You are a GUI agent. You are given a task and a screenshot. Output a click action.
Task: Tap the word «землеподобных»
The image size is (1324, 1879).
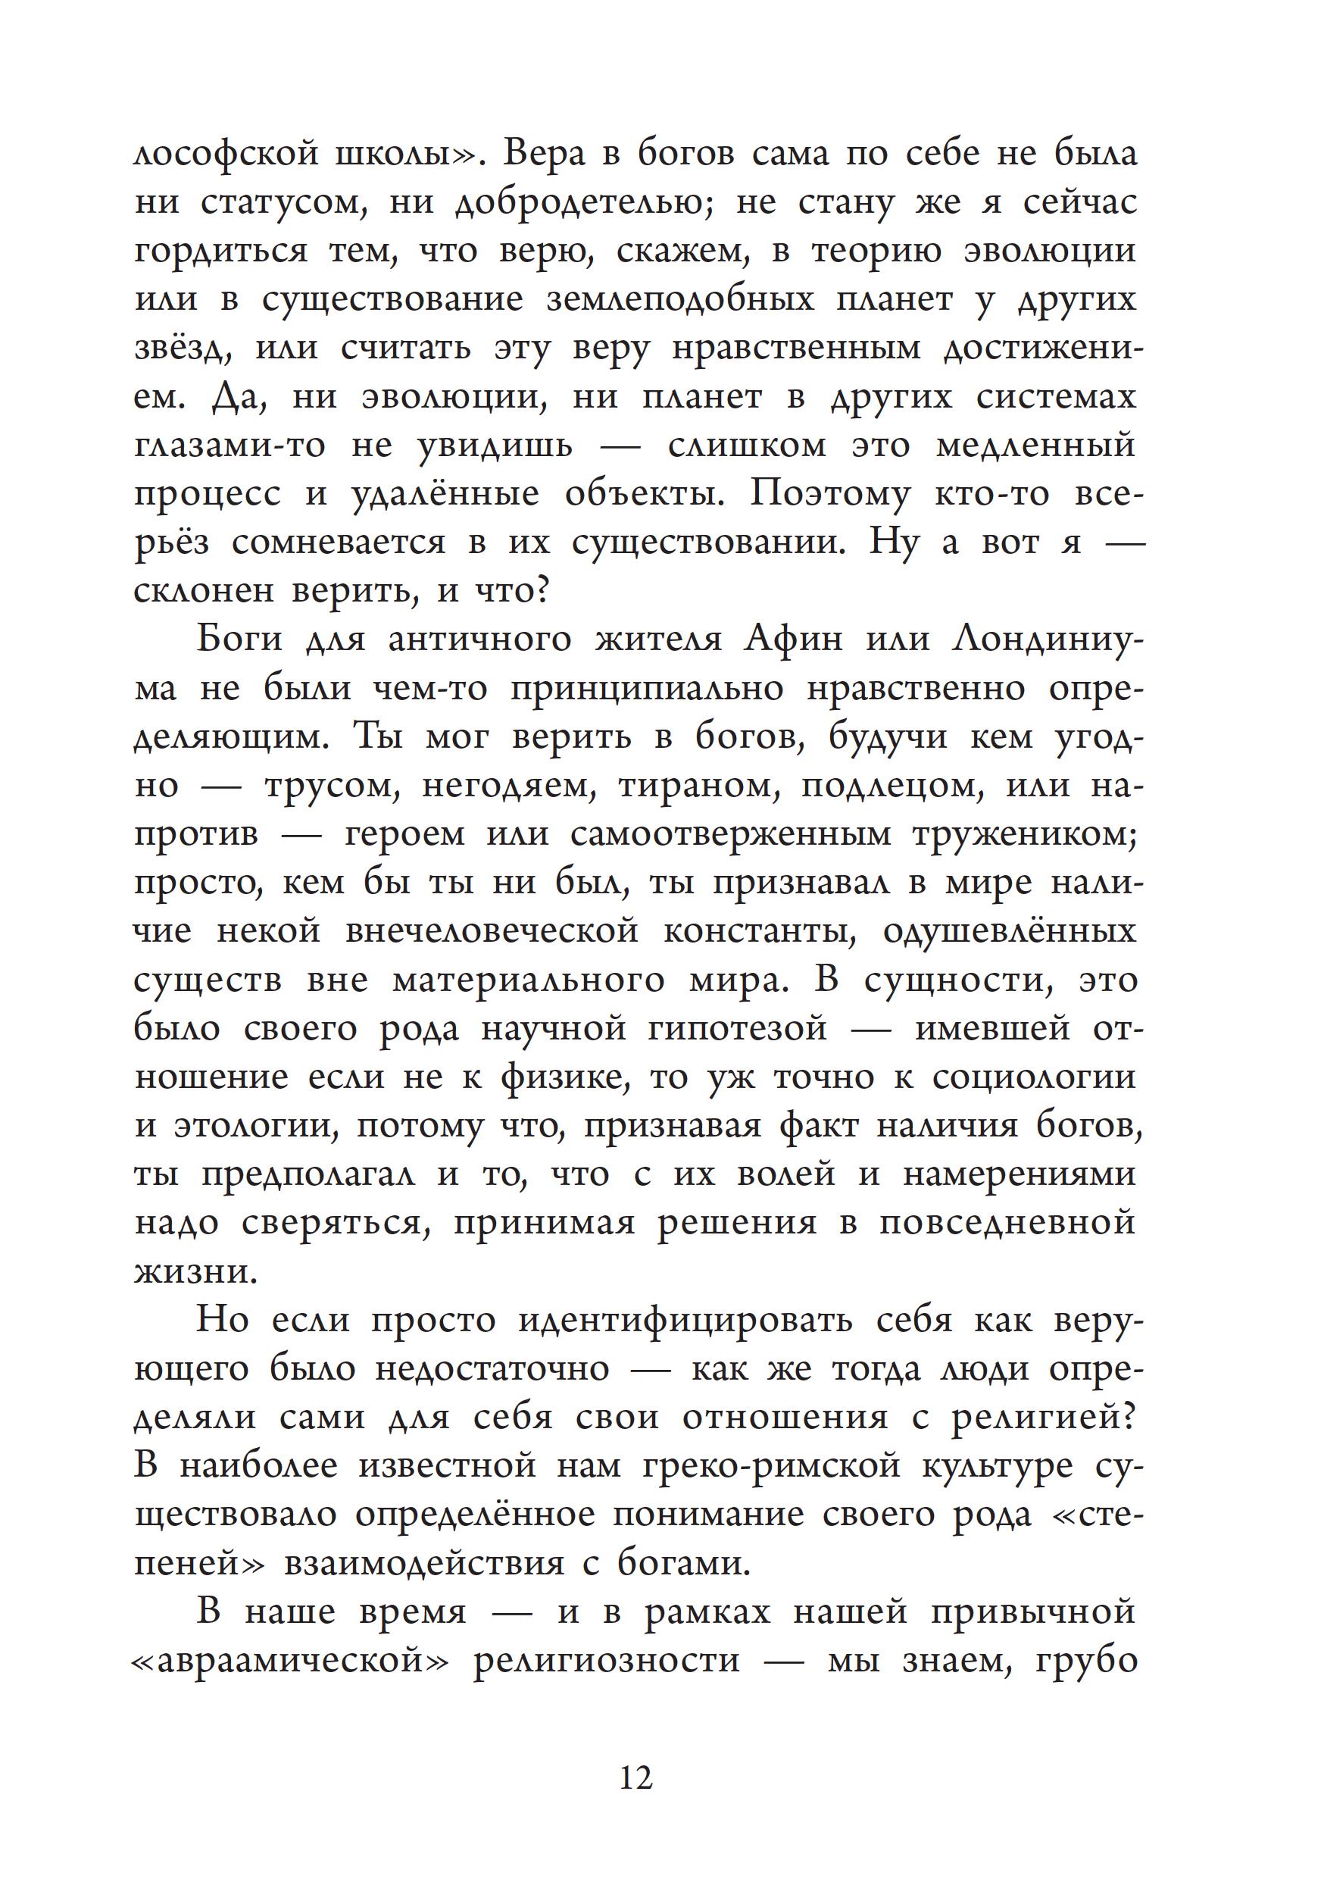click(680, 299)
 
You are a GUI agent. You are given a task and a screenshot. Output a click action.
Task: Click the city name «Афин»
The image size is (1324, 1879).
click(793, 639)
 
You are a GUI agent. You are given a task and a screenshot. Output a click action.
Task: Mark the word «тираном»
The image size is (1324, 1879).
click(698, 785)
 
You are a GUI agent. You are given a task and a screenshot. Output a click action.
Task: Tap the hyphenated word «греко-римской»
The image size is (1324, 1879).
click(770, 1466)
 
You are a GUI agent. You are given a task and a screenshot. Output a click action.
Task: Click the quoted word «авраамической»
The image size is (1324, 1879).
click(292, 1661)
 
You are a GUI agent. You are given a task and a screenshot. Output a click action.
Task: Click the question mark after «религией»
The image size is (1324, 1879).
click(1129, 1417)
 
